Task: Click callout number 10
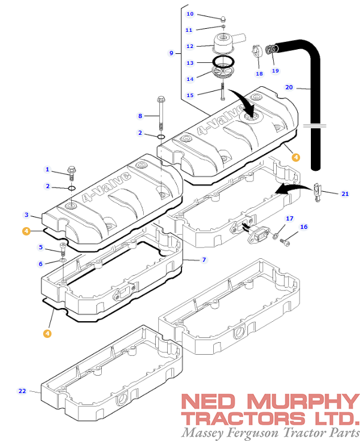click(x=190, y=14)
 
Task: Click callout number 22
click(x=22, y=391)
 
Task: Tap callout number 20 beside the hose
click(x=289, y=87)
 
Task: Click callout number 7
click(x=204, y=259)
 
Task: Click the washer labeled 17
click(x=275, y=236)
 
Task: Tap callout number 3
click(x=26, y=214)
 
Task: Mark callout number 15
click(x=190, y=95)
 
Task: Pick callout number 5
click(x=41, y=247)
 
